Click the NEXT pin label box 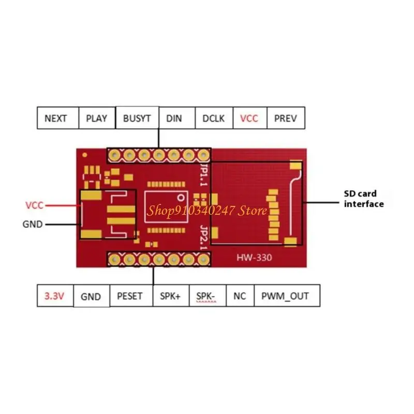click(x=56, y=118)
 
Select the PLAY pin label click(x=97, y=118)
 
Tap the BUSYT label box click(x=137, y=118)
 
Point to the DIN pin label click(x=174, y=118)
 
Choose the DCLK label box click(x=213, y=118)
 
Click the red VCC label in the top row click(x=249, y=118)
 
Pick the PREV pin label click(x=286, y=118)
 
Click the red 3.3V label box click(x=55, y=296)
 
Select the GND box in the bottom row click(x=91, y=297)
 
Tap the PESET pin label click(x=130, y=296)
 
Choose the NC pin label click(x=240, y=296)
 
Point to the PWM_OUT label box click(x=285, y=296)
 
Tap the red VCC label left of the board click(x=35, y=205)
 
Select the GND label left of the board click(x=33, y=225)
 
